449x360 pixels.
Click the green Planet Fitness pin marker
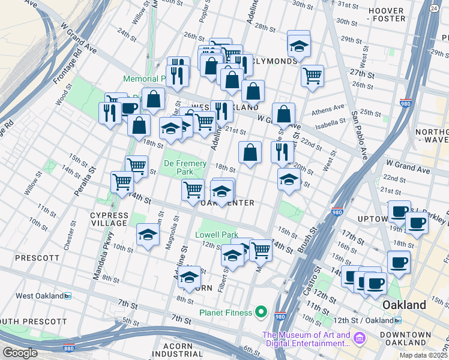tap(261, 312)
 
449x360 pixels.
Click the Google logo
tap(20, 353)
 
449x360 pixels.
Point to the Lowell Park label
tap(216, 235)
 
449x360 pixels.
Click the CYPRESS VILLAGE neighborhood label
tap(109, 219)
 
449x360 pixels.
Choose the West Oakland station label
tap(40, 296)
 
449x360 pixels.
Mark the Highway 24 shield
tap(433, 9)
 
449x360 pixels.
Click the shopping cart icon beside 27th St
tap(312, 76)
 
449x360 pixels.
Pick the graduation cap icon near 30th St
tap(298, 44)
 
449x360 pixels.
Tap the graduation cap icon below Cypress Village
tap(148, 235)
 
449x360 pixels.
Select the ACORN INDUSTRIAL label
tap(189, 351)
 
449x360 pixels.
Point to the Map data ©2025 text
tap(423, 355)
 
